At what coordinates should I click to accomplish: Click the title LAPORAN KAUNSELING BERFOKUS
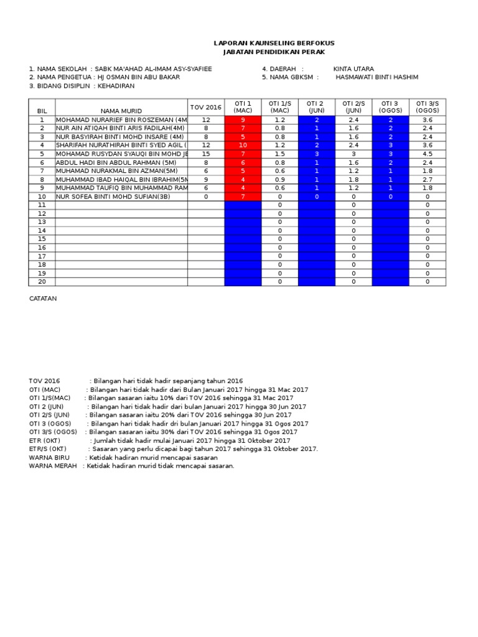click(274, 43)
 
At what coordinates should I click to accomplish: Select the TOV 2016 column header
click(205, 107)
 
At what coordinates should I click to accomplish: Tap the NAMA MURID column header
click(121, 110)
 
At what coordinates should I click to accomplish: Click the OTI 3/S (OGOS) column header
click(427, 107)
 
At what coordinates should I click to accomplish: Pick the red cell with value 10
click(243, 146)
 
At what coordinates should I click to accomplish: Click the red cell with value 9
click(243, 120)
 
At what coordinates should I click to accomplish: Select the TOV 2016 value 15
click(205, 154)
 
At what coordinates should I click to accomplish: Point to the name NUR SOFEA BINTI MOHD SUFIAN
click(113, 197)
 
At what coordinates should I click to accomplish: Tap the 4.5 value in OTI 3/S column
click(427, 154)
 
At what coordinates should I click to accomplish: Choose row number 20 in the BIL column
click(42, 282)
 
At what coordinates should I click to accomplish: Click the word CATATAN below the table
click(43, 299)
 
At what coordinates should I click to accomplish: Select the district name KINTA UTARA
click(354, 68)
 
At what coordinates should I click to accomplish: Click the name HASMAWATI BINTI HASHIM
click(377, 77)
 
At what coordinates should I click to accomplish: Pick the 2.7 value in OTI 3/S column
click(427, 180)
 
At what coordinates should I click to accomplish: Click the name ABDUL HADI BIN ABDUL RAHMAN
click(112, 162)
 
